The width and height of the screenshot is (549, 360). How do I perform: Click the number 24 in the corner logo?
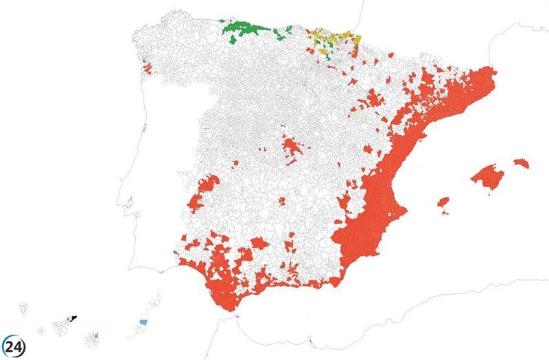tap(13, 346)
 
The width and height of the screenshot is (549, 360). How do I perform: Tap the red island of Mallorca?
tap(488, 176)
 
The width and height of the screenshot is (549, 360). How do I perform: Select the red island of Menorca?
tap(522, 163)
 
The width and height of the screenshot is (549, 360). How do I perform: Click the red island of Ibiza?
tap(444, 204)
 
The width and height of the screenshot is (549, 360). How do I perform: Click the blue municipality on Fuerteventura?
tap(143, 322)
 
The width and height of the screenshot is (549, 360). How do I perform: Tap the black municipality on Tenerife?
tap(74, 317)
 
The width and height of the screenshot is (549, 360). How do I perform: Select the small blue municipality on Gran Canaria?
tap(97, 335)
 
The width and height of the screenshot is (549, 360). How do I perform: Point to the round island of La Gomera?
tap(41, 331)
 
